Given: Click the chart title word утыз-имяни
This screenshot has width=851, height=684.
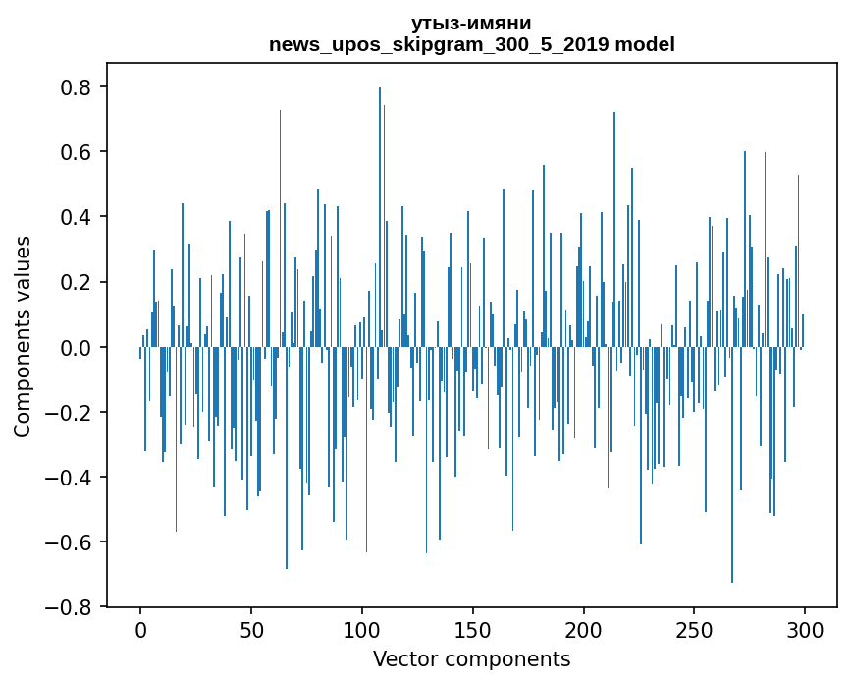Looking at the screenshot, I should [x=471, y=24].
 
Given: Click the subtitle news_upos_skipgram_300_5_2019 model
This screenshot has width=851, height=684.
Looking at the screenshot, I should [x=471, y=44].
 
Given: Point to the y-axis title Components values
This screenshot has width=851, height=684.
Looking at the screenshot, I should [x=23, y=336].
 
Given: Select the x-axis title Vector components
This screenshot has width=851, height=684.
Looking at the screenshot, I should [x=471, y=658].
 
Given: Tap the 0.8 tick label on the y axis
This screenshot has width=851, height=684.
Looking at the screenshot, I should [x=76, y=87].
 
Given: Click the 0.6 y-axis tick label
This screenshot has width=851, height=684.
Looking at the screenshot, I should [x=76, y=152].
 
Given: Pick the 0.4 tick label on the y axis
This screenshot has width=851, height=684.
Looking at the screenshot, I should [x=76, y=217].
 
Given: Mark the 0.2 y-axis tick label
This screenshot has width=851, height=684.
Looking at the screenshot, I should [x=76, y=282].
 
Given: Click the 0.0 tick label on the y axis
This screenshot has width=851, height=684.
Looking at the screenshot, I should [x=76, y=347].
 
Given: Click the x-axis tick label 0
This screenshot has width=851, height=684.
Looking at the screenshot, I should [x=140, y=629].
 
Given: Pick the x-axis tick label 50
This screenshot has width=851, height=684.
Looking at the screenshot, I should [x=251, y=629].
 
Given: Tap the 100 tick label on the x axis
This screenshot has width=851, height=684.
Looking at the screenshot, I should [x=362, y=629].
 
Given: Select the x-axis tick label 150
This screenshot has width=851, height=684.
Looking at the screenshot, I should [x=473, y=629].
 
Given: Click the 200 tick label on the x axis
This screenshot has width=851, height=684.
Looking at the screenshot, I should [x=584, y=629].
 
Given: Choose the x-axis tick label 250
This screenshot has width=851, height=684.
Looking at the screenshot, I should [x=695, y=629].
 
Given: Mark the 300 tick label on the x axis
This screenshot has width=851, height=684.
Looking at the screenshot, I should [x=806, y=629].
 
